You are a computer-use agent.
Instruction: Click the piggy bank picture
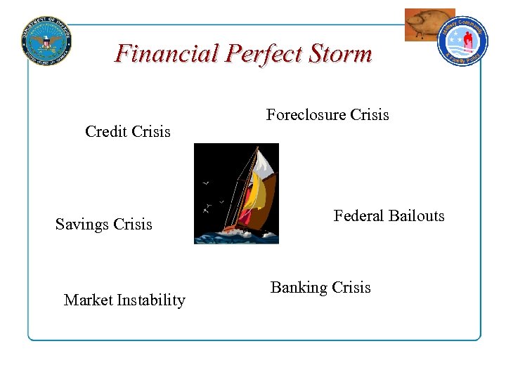coord(427,25)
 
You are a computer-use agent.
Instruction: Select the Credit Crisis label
coord(127,131)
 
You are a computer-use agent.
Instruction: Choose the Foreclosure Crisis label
coord(327,115)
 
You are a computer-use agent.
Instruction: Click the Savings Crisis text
coord(103,225)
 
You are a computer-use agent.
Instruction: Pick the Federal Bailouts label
coord(389,216)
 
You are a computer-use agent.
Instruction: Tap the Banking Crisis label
coord(320,288)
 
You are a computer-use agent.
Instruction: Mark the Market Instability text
coord(124,300)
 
